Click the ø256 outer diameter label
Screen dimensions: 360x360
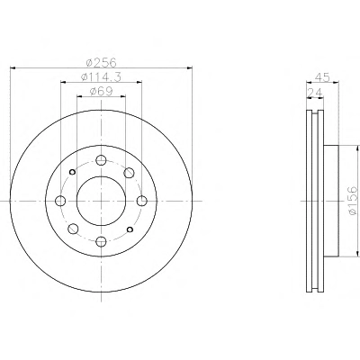pos(101,63)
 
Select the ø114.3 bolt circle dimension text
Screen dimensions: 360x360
pos(101,77)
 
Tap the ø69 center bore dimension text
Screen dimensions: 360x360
pos(101,91)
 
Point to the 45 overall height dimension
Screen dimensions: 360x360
pos(322,77)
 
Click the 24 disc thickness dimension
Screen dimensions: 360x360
pos(315,93)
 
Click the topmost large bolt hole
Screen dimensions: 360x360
pos(101,160)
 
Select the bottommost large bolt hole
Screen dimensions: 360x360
pos(101,241)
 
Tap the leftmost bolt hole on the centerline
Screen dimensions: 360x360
pos(60,201)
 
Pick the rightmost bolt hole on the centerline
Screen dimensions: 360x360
pos(141,201)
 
